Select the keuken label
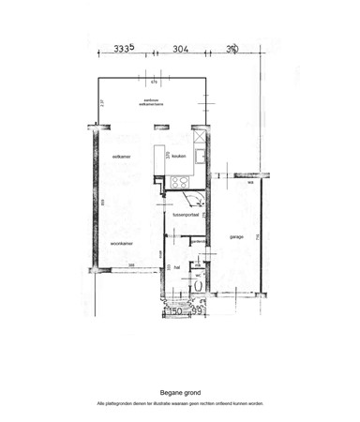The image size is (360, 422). [180, 157]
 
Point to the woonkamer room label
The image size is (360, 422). [120, 243]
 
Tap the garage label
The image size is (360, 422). [236, 236]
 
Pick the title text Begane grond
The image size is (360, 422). [180, 394]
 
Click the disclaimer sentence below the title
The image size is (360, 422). [180, 403]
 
